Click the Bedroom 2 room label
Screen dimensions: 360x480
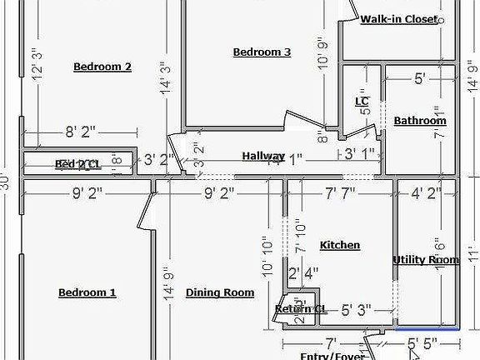(x=102, y=67)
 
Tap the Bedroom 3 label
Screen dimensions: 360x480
(x=262, y=52)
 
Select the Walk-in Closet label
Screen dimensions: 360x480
(x=399, y=20)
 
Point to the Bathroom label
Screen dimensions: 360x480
(x=420, y=121)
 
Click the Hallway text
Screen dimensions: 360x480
(x=263, y=156)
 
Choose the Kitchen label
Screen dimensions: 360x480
(x=340, y=245)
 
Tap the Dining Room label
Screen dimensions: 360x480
(x=219, y=292)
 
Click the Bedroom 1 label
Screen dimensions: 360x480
(x=87, y=292)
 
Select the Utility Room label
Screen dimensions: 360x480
(x=426, y=260)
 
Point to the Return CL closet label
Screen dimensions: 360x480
(x=301, y=309)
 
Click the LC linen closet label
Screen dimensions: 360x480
(x=362, y=102)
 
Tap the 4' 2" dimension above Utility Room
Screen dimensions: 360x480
(x=427, y=193)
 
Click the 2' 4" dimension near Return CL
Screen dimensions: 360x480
(x=303, y=272)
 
